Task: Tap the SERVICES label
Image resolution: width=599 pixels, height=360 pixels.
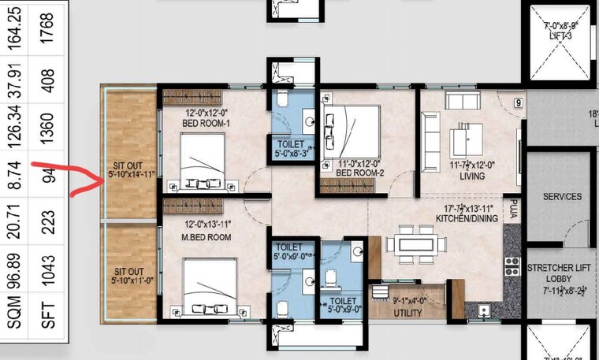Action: (561, 196)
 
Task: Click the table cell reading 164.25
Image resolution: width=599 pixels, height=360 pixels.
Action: (14, 28)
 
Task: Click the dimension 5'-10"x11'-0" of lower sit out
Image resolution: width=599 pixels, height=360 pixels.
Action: (130, 280)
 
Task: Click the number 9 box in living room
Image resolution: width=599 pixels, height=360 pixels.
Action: (519, 102)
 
